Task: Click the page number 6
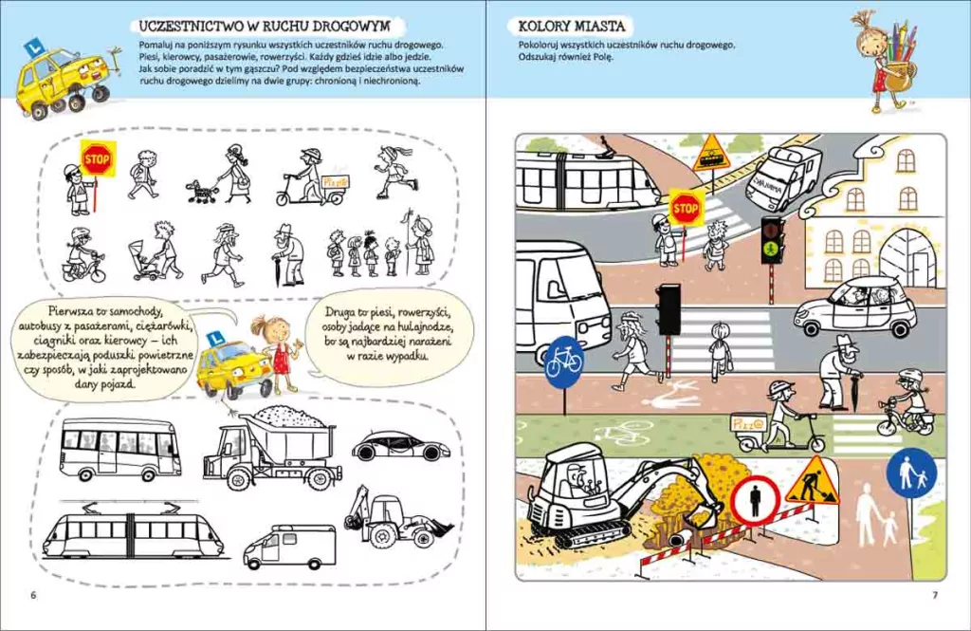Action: point(33,595)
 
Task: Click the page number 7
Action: point(935,595)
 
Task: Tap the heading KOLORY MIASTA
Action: point(572,26)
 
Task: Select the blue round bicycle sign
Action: point(563,358)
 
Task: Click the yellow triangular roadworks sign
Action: point(812,481)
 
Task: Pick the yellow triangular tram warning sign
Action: point(712,153)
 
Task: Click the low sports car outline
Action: point(401,444)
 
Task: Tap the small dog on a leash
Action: point(201,191)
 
